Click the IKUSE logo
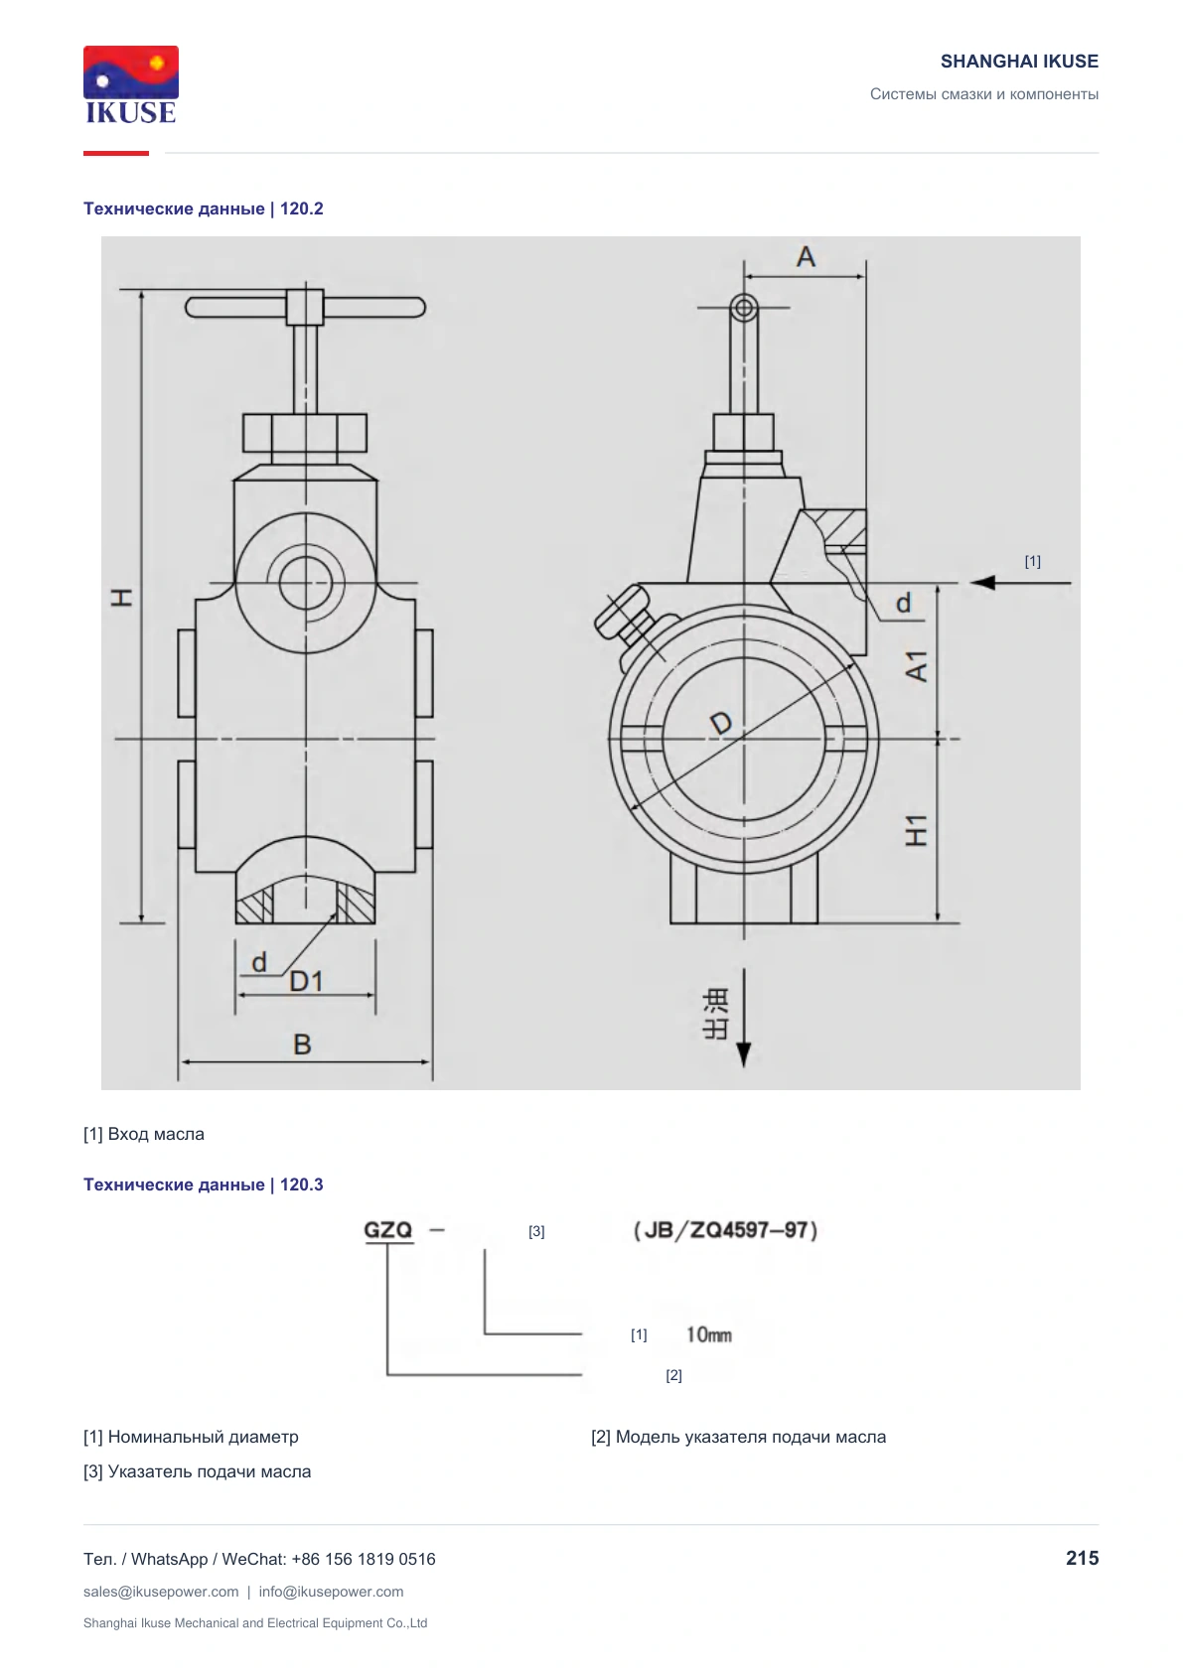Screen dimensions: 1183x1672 click(x=131, y=84)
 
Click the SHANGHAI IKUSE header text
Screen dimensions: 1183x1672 click(x=1019, y=62)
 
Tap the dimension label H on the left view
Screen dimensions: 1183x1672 click(x=122, y=597)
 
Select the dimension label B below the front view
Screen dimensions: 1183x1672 click(x=302, y=1045)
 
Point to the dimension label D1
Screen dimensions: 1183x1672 click(x=306, y=982)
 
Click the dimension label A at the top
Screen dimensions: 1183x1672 click(x=806, y=257)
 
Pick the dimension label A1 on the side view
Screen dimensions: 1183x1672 click(x=917, y=666)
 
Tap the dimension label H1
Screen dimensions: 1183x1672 click(x=917, y=830)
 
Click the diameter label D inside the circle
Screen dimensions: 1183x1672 click(x=721, y=723)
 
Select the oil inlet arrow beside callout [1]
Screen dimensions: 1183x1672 click(x=1020, y=582)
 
